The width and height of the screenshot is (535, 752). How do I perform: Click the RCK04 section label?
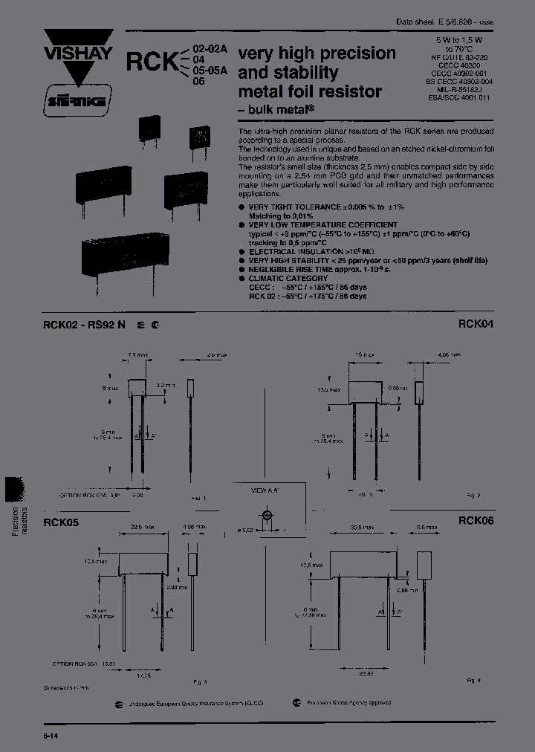(476, 324)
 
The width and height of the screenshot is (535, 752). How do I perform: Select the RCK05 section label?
(61, 522)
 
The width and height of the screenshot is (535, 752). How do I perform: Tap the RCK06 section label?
(476, 521)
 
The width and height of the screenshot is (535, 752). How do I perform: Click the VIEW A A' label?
(268, 490)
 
